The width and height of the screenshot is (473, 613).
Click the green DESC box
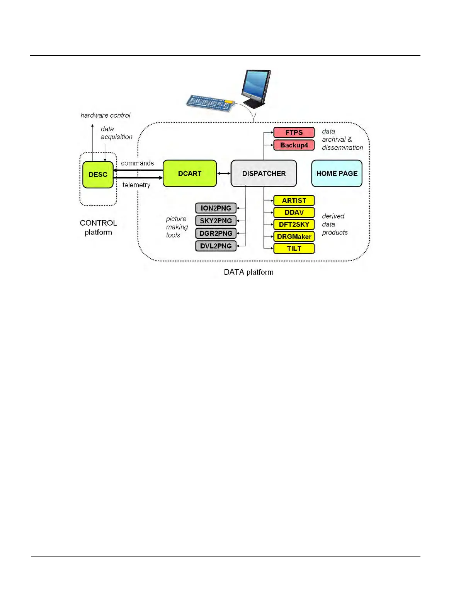pyautogui.click(x=98, y=175)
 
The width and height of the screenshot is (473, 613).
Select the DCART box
pyautogui.click(x=190, y=173)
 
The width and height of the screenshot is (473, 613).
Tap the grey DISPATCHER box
pyautogui.click(x=264, y=173)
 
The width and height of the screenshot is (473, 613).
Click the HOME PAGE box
pyautogui.click(x=337, y=173)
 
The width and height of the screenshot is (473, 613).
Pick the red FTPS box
pyautogui.click(x=294, y=132)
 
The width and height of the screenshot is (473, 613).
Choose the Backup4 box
pyautogui.click(x=294, y=145)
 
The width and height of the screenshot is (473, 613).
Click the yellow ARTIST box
pyautogui.click(x=294, y=200)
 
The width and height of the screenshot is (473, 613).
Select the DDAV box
pyautogui.click(x=294, y=212)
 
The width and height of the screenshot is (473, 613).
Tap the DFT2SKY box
pyautogui.click(x=294, y=224)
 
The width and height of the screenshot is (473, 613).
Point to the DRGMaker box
pyautogui.click(x=294, y=236)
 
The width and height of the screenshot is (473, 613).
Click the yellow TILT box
pyautogui.click(x=294, y=248)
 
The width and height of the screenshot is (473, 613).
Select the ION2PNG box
pyautogui.click(x=216, y=208)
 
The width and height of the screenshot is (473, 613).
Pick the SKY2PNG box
pyautogui.click(x=216, y=221)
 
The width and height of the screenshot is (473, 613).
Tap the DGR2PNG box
pyautogui.click(x=216, y=233)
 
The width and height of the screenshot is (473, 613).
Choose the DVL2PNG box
pyautogui.click(x=216, y=246)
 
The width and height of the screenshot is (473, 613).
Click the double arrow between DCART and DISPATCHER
pyautogui.click(x=224, y=173)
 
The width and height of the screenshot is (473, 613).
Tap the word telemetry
pyautogui.click(x=136, y=185)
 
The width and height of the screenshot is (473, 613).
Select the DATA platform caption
pyautogui.click(x=248, y=272)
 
